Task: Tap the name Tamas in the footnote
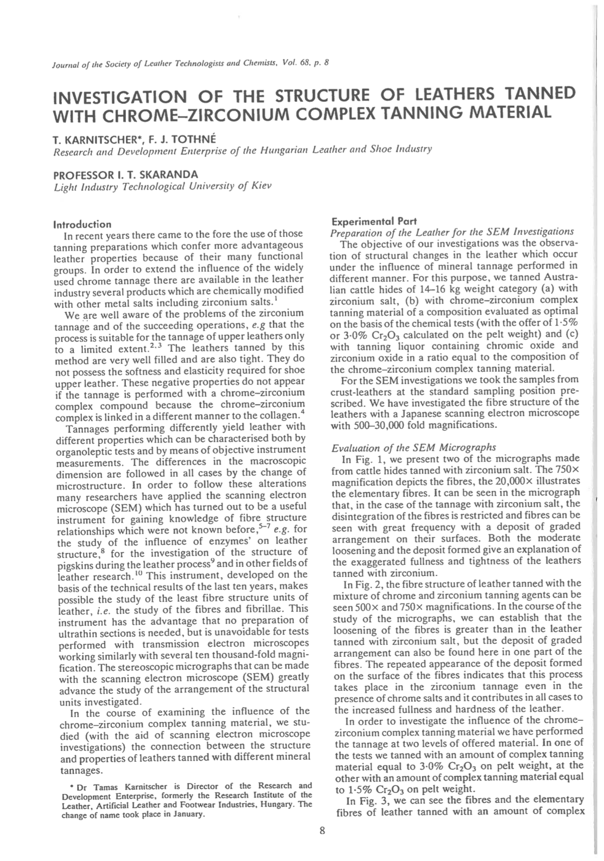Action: click(98, 787)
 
